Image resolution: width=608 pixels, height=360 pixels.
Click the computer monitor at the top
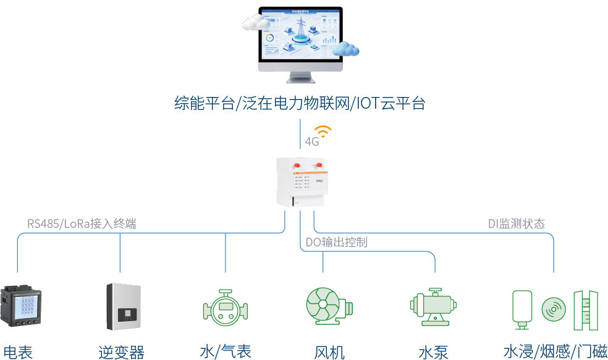[301, 40]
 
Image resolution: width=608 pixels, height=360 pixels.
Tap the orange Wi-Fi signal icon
[323, 132]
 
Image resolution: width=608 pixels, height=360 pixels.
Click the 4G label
[311, 142]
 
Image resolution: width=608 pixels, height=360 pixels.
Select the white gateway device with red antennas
[301, 182]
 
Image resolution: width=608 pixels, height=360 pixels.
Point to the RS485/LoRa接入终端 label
[82, 224]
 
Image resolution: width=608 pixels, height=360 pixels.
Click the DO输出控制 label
[337, 243]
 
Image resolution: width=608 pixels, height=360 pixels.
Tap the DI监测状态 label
[516, 224]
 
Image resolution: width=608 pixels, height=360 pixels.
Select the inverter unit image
[124, 307]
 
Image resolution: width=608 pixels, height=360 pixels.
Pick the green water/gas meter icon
[226, 307]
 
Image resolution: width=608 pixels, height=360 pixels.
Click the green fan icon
[327, 306]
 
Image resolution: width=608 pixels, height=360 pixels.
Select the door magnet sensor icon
[586, 307]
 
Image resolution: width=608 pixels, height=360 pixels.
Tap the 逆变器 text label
[121, 352]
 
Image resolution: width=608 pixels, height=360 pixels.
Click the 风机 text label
[329, 352]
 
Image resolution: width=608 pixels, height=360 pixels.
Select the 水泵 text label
[433, 352]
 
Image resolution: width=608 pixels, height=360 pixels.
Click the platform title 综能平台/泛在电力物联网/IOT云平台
[300, 103]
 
